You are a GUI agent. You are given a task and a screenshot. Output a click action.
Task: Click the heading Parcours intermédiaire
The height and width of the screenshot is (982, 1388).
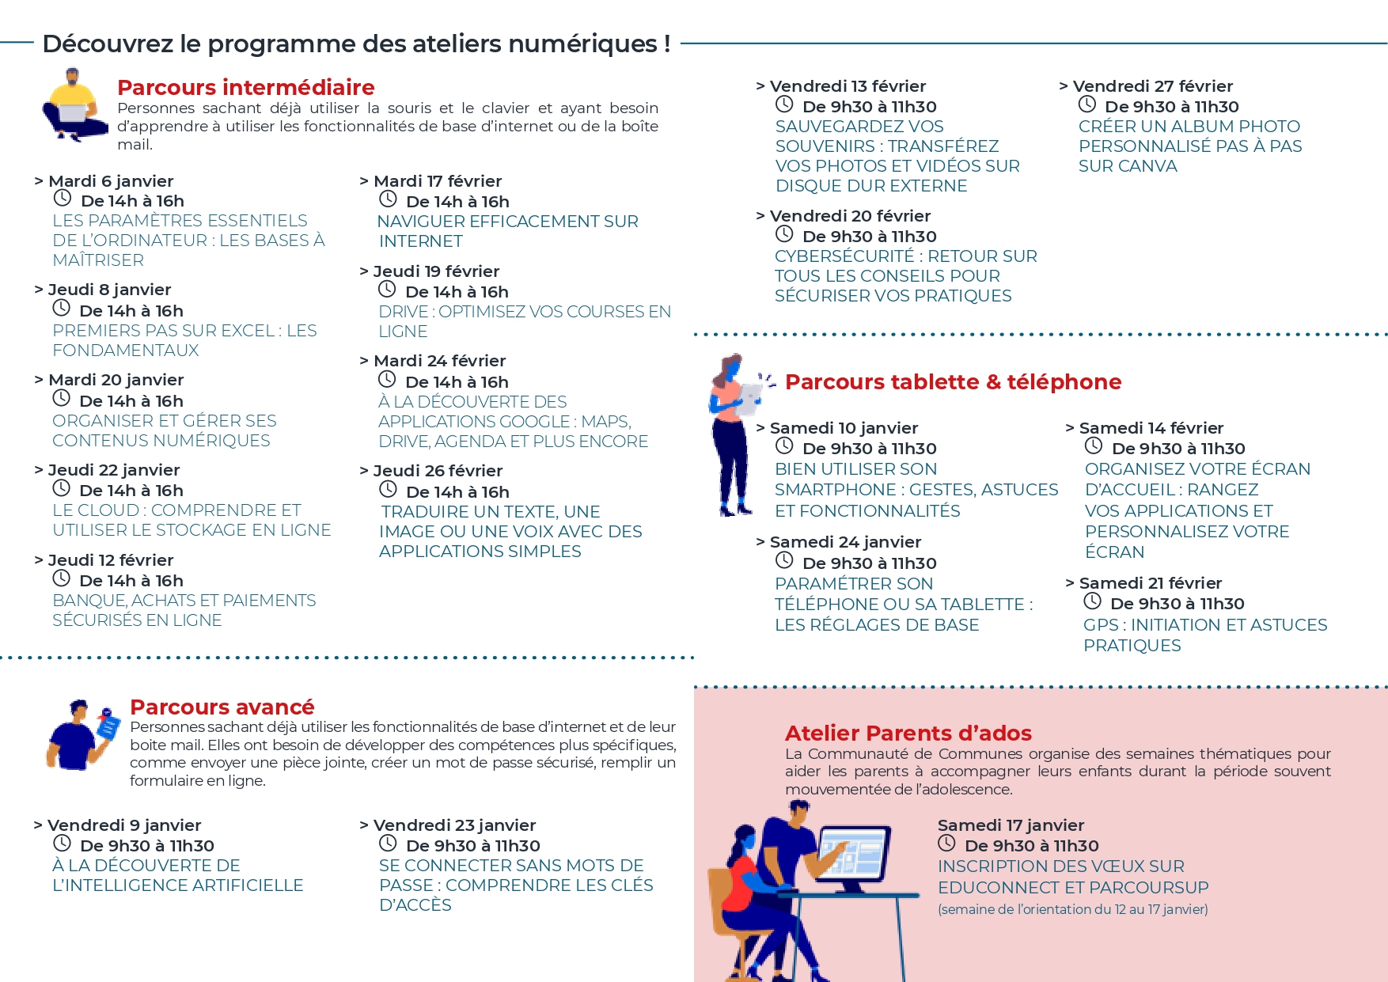[x=245, y=87]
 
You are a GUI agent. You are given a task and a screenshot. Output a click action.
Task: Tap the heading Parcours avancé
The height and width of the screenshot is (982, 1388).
[x=222, y=707]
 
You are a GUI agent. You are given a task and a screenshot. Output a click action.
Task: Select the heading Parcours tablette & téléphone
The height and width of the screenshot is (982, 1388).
[x=953, y=382]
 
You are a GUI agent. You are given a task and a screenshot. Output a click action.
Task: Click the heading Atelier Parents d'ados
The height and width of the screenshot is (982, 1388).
[x=908, y=734]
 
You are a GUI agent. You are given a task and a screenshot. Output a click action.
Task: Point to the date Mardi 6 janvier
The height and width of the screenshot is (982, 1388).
[x=111, y=181]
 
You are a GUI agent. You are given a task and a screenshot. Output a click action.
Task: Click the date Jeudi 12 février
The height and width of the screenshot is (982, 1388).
[x=111, y=560]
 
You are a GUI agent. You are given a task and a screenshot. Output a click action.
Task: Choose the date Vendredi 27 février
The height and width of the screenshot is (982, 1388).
[x=1152, y=86]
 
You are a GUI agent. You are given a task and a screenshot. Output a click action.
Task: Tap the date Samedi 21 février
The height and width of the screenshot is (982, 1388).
[x=1151, y=583]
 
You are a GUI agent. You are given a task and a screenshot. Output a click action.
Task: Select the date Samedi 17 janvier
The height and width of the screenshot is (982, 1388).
[x=1011, y=825]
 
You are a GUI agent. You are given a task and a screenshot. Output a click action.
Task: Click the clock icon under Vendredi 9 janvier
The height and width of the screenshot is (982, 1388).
[x=62, y=844]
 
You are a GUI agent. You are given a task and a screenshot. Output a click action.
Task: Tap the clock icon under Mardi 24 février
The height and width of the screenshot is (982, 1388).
[x=387, y=380]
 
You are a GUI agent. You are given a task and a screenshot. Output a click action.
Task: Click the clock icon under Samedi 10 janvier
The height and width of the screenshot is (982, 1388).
[x=784, y=446]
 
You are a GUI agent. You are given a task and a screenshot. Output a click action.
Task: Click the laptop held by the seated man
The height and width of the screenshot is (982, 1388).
[x=74, y=112]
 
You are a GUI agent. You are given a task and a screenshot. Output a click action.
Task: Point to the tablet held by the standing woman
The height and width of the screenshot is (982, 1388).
[x=749, y=398]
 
